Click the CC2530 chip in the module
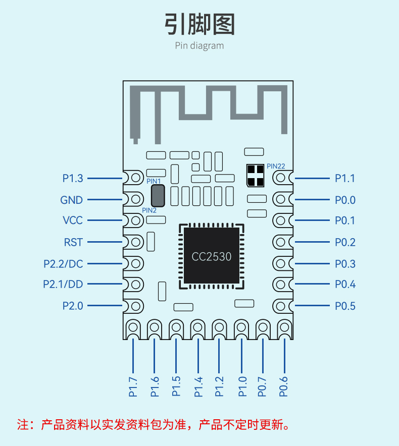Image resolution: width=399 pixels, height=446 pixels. pos(211,256)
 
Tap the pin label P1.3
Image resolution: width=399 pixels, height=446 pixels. pos(73,178)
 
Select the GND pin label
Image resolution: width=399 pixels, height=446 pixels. pos(72,200)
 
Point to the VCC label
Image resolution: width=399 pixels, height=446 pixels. pos(73,220)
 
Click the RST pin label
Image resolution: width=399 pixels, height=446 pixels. pos(73,242)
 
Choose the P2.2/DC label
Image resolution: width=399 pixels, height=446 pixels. pos(63,264)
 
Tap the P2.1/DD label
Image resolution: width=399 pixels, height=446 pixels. pos(63,284)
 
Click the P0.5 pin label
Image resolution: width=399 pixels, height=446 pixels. pos(345,306)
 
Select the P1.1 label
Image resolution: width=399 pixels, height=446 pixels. pos(345,178)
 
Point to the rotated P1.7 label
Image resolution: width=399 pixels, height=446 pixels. pos(133,387)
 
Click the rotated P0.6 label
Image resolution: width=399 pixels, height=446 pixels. pos(283,387)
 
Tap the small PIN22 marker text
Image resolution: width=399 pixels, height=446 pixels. pos(276,166)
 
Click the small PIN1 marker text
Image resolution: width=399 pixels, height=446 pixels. pos(154,181)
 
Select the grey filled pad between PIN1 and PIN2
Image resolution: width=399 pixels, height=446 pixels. pos(158,196)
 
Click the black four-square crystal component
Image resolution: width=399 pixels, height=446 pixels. pos(255,176)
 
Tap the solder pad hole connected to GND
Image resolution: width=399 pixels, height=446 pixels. pos(136,199)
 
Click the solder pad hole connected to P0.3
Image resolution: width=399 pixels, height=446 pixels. pos(280,263)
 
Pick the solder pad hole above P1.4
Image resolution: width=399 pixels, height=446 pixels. pos(197,327)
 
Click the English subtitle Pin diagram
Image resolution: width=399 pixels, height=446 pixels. pos(199,45)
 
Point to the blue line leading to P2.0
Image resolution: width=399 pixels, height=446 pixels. pos(105,305)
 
